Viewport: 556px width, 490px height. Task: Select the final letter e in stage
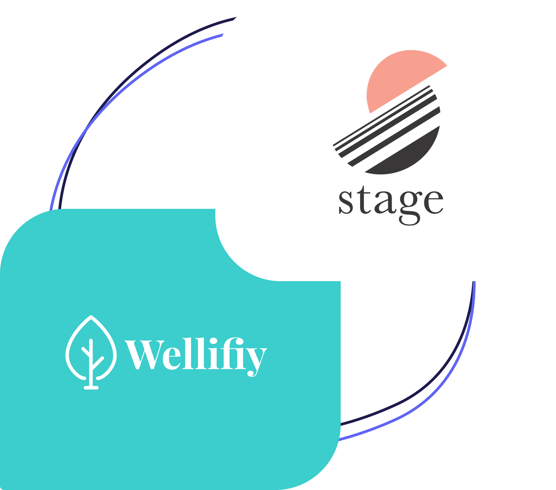point(432,202)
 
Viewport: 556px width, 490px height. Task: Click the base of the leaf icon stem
point(91,387)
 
